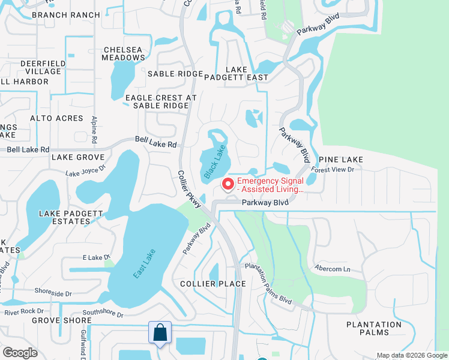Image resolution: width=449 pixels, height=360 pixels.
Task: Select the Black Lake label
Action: (215, 161)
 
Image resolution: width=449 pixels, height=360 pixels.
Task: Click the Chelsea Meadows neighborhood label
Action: (124, 53)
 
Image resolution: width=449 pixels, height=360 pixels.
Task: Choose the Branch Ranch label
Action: (65, 15)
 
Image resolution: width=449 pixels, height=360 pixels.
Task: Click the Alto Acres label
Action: (56, 118)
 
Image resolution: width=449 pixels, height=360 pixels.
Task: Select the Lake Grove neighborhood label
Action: (78, 157)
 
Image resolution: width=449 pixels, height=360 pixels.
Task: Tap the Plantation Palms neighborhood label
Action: (373, 329)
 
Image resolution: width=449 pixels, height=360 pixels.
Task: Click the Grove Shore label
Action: (62, 320)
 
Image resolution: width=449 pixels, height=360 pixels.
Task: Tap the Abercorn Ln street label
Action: (332, 269)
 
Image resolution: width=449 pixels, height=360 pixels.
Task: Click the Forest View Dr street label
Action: (333, 170)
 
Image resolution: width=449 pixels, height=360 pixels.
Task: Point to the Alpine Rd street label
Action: (94, 131)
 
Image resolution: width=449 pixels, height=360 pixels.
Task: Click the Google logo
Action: (20, 353)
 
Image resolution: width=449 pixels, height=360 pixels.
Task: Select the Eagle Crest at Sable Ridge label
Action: (161, 101)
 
